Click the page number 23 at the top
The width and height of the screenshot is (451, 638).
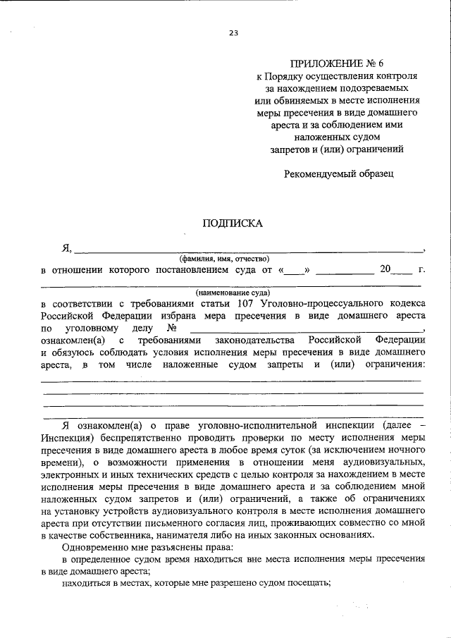coord(233,32)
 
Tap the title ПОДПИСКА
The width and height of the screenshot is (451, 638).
coord(233,223)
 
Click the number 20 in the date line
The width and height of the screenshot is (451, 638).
coord(385,269)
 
